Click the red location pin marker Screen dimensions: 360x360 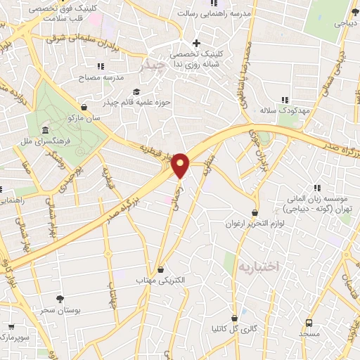[x=181, y=165]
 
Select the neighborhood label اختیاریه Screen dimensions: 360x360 [x=258, y=266]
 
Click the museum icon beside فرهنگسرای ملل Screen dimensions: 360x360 [x=45, y=131]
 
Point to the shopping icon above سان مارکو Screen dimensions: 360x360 [x=85, y=108]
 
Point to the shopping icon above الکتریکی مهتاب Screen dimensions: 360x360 [x=162, y=269]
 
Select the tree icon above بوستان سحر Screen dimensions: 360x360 [x=60, y=299]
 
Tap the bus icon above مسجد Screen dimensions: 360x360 [x=309, y=323]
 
